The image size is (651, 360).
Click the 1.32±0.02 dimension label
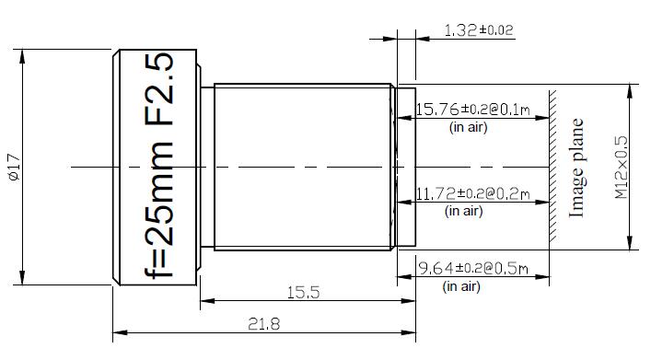(x=478, y=30)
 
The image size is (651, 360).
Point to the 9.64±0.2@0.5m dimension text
(x=472, y=269)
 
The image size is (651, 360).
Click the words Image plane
(x=577, y=167)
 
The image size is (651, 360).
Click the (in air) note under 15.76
(x=468, y=128)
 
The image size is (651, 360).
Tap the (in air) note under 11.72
(x=464, y=212)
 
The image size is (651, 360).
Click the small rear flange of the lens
(x=406, y=167)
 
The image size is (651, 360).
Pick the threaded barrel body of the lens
(x=304, y=167)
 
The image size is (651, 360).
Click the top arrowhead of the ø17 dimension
(x=22, y=53)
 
